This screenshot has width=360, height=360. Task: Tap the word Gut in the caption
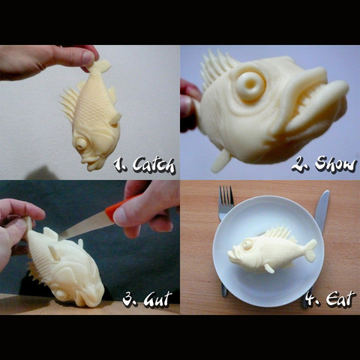(153, 299)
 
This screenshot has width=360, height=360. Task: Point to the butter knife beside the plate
(320, 217)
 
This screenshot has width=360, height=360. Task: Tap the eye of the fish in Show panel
(249, 85)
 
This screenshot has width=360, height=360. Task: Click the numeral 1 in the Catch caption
(118, 163)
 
